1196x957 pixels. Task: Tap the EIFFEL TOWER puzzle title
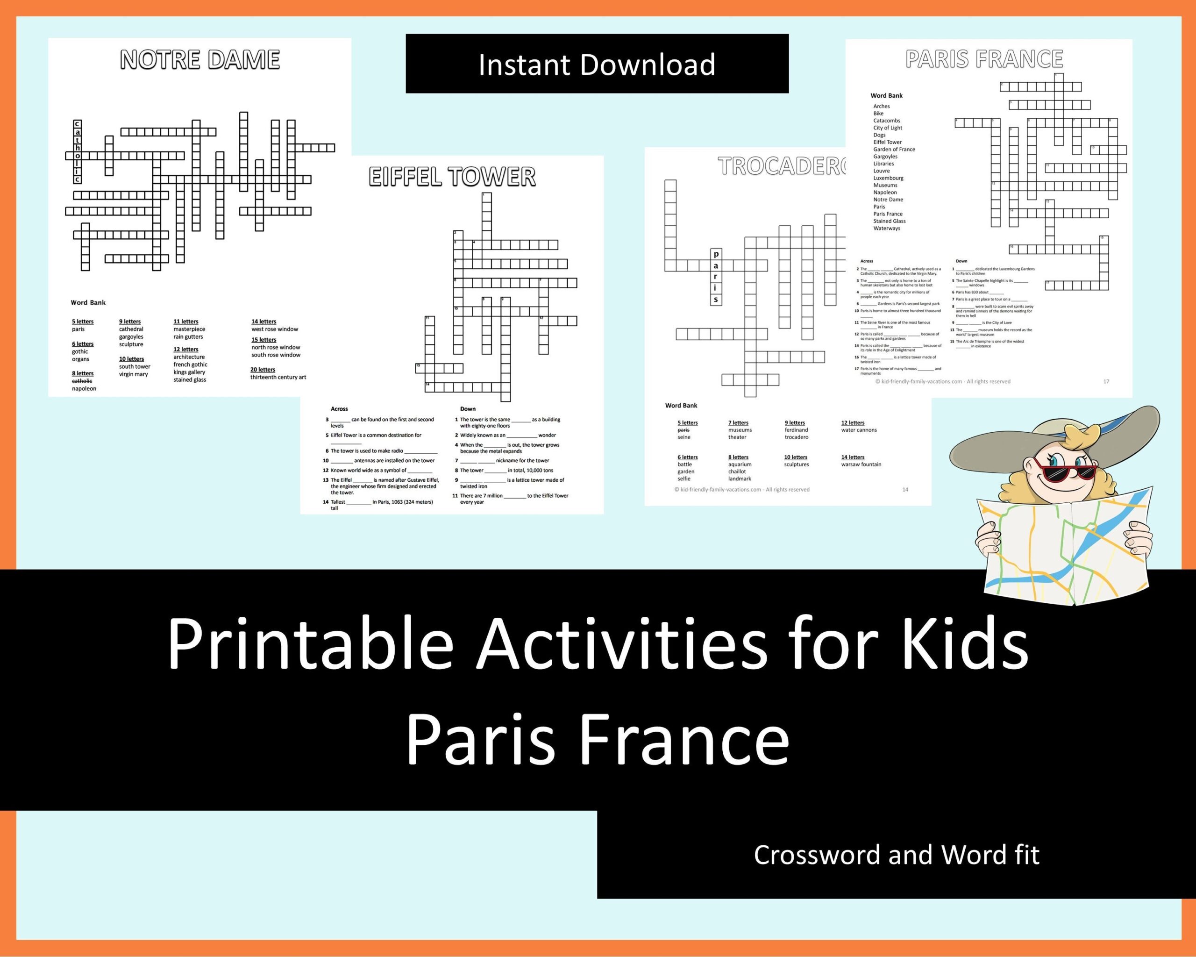(452, 177)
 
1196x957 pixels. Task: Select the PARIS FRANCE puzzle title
(984, 59)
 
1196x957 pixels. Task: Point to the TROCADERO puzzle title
(782, 166)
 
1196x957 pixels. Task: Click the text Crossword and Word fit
(897, 855)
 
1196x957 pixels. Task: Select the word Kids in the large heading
(965, 645)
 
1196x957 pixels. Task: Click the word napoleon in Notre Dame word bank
(84, 389)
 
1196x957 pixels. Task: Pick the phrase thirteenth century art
(278, 377)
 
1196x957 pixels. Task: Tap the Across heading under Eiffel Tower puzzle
(339, 409)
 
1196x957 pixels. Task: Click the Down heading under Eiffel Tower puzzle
(468, 409)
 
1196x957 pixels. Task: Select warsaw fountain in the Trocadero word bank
(861, 464)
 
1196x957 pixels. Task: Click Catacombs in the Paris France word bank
(886, 121)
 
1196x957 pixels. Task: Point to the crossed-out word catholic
(82, 381)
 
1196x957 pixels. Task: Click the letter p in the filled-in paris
(716, 254)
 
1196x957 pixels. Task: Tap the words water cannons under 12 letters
(859, 430)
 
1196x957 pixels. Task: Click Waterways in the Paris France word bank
(886, 228)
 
